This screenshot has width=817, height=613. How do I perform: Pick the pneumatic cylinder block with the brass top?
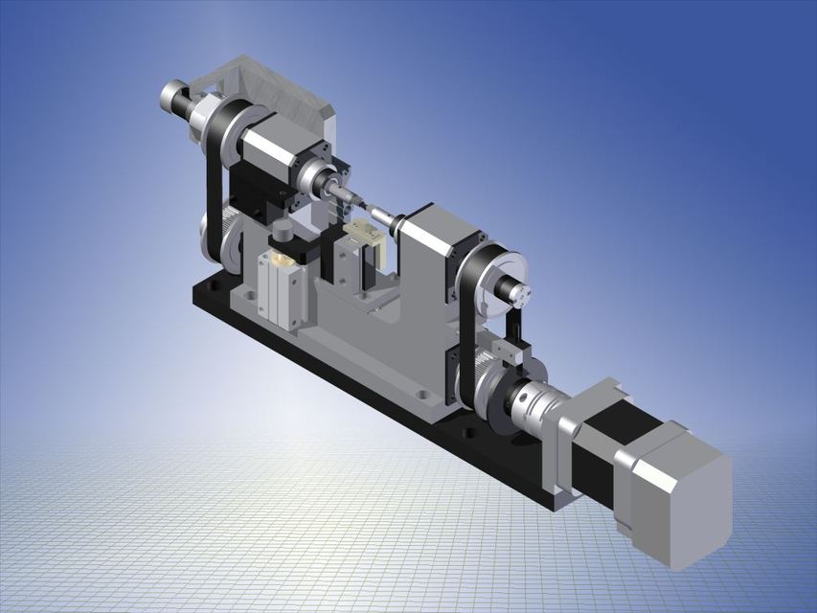(x=283, y=287)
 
